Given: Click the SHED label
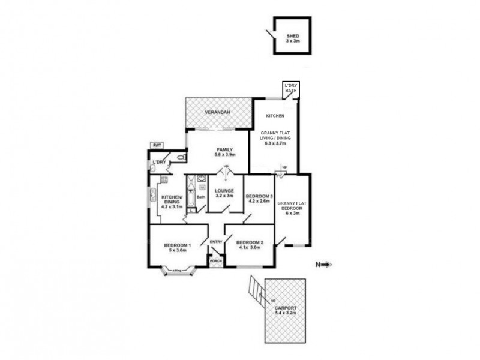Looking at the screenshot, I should pyautogui.click(x=292, y=36).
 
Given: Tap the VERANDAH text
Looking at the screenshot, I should pyautogui.click(x=216, y=113).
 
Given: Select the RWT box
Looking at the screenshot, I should pyautogui.click(x=157, y=146).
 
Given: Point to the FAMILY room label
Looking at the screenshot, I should pyautogui.click(x=224, y=149).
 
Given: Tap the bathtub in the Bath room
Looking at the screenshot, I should pyautogui.click(x=191, y=195).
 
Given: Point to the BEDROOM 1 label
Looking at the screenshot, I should pyautogui.click(x=178, y=245).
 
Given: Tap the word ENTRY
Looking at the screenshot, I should pyautogui.click(x=216, y=242).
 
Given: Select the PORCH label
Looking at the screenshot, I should pyautogui.click(x=215, y=261).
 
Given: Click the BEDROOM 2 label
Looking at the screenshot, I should pyautogui.click(x=250, y=242).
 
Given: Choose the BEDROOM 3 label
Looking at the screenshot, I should pyautogui.click(x=259, y=196).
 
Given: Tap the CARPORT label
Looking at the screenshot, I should pyautogui.click(x=285, y=308).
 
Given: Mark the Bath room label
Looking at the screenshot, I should pyautogui.click(x=201, y=196).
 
